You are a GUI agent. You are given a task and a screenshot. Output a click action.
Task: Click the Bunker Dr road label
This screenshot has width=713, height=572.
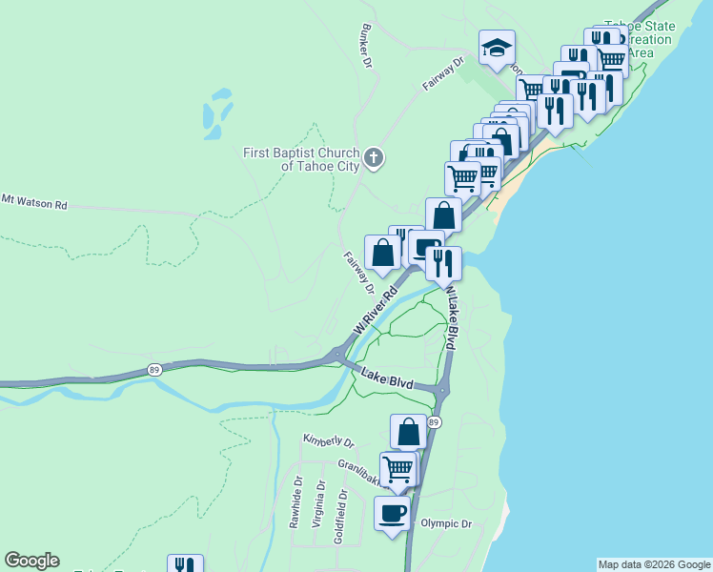pyautogui.click(x=364, y=46)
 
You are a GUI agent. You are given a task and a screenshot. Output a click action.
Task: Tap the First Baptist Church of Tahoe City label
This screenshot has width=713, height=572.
pyautogui.click(x=301, y=159)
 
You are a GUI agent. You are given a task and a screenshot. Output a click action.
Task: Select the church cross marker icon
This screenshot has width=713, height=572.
pyautogui.click(x=374, y=157)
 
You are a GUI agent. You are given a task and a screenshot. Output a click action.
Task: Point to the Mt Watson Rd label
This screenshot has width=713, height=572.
pyautogui.click(x=34, y=202)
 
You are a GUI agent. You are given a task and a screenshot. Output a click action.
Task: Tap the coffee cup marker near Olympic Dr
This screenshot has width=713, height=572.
pyautogui.click(x=392, y=514)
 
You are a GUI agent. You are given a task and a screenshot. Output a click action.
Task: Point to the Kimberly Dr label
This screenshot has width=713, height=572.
pyautogui.click(x=328, y=442)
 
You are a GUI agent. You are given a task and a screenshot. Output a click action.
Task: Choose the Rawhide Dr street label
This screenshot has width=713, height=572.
pyautogui.click(x=296, y=501)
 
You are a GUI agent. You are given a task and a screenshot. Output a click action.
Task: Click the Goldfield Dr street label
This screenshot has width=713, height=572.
pyautogui.click(x=339, y=518)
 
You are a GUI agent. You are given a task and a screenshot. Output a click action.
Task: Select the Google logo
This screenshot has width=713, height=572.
pyautogui.click(x=31, y=561)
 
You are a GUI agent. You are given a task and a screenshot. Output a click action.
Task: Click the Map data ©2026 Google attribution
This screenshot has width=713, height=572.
pyautogui.click(x=653, y=564)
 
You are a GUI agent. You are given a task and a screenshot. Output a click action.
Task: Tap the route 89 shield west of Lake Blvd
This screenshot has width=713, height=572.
pyautogui.click(x=153, y=369)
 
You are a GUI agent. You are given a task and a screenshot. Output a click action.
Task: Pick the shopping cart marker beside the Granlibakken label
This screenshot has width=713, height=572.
pyautogui.click(x=398, y=469)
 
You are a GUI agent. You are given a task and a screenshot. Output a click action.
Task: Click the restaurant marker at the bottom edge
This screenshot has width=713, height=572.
pyautogui.click(x=185, y=564)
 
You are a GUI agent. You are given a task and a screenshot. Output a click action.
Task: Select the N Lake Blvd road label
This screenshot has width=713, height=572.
pyautogui.click(x=450, y=321)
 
